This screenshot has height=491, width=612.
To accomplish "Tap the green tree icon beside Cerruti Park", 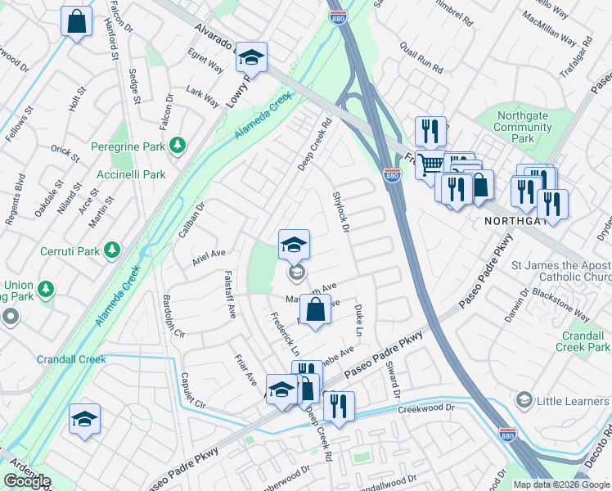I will coord(113,250).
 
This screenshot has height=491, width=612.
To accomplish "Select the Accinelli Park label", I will coord(131,174).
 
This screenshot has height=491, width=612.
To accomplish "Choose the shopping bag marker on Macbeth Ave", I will coord(315,310).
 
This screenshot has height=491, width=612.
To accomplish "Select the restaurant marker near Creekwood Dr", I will coord(338,405).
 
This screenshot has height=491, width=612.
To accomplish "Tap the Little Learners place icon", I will coord(524,400).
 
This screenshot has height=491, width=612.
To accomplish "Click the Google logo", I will coord(26,481).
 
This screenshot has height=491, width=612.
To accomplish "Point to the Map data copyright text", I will coord(562,484).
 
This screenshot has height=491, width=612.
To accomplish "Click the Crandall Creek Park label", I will coord(586,341).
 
